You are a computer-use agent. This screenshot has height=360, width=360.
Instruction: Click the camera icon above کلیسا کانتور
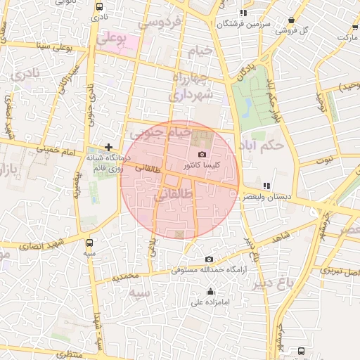click(x=202, y=154)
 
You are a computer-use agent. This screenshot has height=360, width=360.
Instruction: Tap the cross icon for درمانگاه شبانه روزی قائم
click(x=108, y=147)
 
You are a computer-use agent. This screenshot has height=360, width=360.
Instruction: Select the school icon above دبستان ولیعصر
click(x=266, y=186)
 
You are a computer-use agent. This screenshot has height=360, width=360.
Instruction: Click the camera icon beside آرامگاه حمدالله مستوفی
click(x=209, y=259)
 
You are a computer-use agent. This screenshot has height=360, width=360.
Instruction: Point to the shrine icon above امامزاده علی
click(x=210, y=291)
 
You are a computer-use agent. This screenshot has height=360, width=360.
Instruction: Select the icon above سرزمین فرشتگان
click(x=243, y=13)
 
